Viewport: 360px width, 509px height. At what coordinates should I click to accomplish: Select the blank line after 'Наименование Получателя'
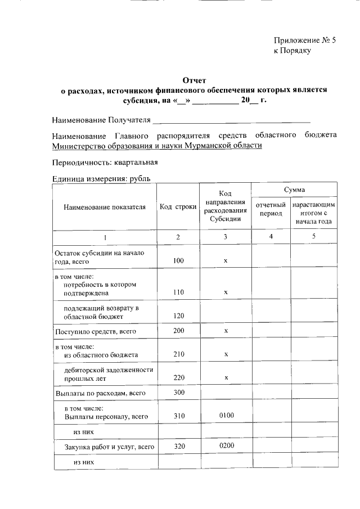tap(232, 120)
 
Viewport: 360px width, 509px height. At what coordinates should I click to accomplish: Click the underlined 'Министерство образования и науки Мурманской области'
tap(157, 146)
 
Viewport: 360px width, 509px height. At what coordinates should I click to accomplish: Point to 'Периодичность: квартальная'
tap(105, 163)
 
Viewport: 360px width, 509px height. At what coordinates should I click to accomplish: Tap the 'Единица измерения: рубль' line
tap(101, 179)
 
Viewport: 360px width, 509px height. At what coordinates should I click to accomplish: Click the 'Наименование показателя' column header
tap(105, 207)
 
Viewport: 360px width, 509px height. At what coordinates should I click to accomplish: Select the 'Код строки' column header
tap(178, 207)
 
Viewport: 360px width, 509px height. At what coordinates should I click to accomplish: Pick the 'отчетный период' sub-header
tap(271, 209)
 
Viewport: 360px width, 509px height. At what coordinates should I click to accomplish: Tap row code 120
tap(178, 317)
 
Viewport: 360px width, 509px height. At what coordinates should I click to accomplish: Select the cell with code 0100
tap(225, 416)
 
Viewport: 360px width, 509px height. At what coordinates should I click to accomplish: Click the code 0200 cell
tap(225, 446)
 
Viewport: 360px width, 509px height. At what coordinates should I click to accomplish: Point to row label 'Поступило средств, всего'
tap(95, 332)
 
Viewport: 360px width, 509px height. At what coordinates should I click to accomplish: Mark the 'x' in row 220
tap(225, 378)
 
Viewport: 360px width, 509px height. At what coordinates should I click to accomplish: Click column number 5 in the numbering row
tap(313, 237)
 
